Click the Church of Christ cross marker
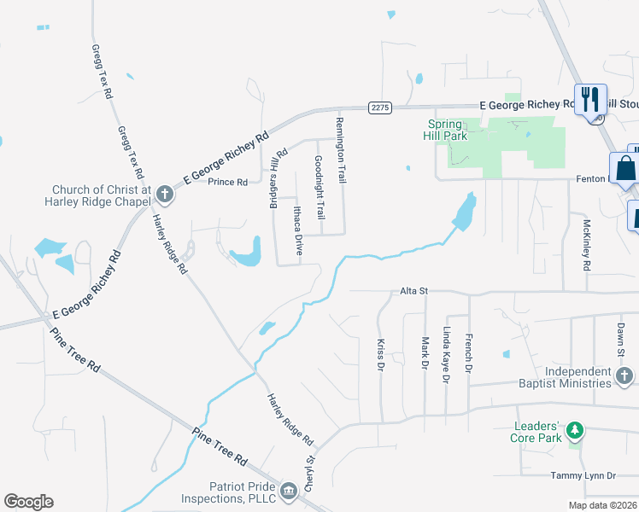[164, 196]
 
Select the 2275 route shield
[380, 107]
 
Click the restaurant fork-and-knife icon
[589, 99]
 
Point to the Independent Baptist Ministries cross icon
[624, 375]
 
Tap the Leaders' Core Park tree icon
[576, 429]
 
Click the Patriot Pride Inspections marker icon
[289, 490]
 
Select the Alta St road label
[413, 291]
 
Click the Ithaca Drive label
[298, 230]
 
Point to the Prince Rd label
[228, 182]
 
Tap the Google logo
[28, 502]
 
